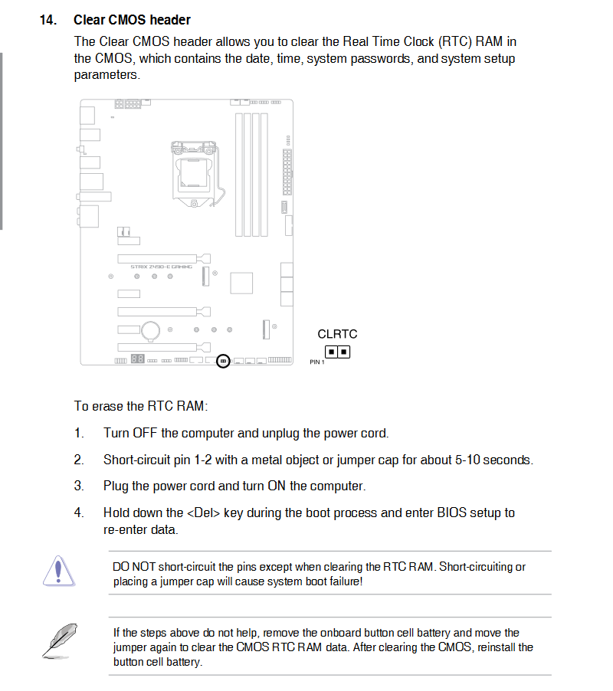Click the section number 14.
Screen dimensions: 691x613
48,20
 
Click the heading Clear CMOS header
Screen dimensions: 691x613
132,20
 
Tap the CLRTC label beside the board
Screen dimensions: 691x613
337,334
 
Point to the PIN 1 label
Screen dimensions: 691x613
317,362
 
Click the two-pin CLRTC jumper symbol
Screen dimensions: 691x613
337,352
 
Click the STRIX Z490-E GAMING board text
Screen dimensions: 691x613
161,266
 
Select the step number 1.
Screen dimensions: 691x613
79,434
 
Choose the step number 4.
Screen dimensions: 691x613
79,513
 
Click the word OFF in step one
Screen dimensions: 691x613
145,434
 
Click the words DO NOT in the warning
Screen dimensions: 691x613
134,567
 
